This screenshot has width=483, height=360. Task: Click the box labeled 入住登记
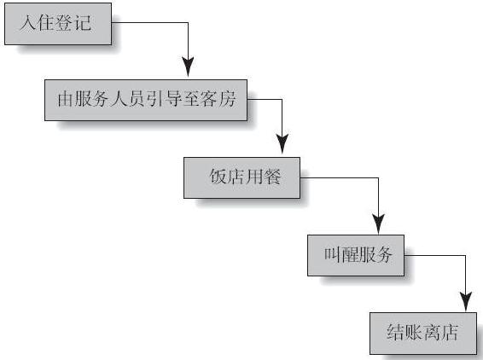tap(58, 24)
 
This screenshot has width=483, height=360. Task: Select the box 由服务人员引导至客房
tap(146, 100)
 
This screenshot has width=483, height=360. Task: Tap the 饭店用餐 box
tap(241, 177)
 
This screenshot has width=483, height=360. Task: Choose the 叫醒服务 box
tap(356, 255)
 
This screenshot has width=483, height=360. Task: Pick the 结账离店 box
tap(423, 334)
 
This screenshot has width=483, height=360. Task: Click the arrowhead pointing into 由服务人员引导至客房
tap(188, 67)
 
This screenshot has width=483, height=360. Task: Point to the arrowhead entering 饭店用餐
tap(282, 144)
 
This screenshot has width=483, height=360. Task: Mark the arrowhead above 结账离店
tap(466, 301)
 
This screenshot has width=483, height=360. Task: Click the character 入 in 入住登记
tap(28, 23)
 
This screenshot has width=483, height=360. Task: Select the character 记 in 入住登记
tap(83, 23)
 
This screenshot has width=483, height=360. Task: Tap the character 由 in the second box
tap(66, 99)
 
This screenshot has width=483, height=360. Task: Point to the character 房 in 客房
tap(227, 99)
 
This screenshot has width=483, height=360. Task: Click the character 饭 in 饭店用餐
tap(218, 177)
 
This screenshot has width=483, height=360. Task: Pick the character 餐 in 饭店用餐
tap(272, 177)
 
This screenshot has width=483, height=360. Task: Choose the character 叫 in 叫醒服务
tap(332, 255)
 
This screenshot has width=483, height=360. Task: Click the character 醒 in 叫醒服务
tap(349, 255)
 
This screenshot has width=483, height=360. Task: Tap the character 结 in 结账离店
tap(395, 332)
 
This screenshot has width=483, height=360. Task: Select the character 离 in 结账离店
tap(431, 332)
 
